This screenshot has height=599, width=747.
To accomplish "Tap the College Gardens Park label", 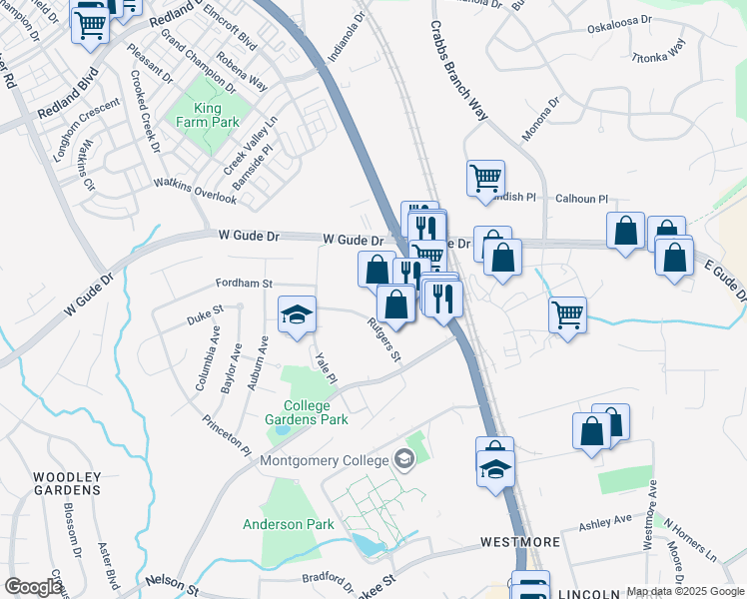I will click(x=316, y=412).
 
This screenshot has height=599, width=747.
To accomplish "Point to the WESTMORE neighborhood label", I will click(x=519, y=542).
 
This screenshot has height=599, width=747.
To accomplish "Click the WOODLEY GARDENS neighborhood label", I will click(x=66, y=483).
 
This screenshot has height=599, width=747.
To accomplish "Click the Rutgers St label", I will click(x=383, y=340).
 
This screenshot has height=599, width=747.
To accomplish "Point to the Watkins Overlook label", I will click(x=196, y=190).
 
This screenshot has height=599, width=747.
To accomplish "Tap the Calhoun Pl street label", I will click(x=582, y=200).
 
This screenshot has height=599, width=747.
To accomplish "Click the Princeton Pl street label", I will click(x=227, y=436).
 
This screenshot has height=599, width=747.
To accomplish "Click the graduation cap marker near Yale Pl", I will click(x=297, y=313).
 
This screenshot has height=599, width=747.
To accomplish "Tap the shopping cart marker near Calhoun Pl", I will click(x=485, y=179).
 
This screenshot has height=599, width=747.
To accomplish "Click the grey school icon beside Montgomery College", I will click(x=404, y=459).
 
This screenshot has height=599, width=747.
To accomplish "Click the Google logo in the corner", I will click(x=34, y=587).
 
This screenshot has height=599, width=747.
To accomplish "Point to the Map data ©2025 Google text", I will click(x=684, y=591).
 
